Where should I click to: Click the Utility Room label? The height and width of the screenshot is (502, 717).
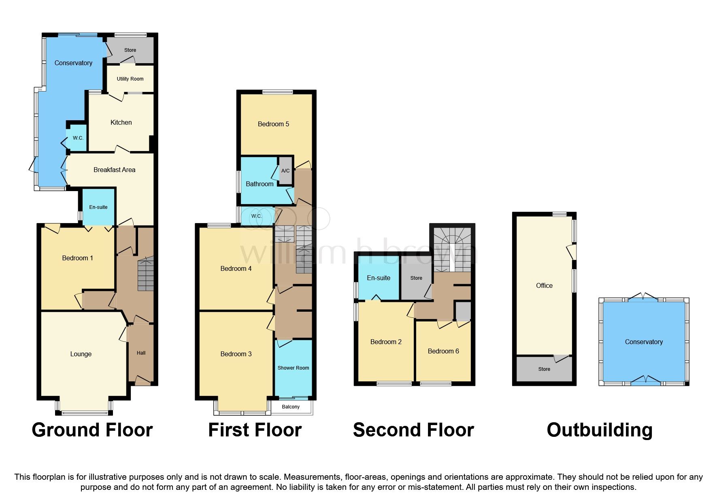(x=130, y=79)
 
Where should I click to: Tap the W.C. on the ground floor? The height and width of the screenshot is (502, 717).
(x=78, y=138)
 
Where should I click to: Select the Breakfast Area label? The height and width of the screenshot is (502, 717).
(x=114, y=170)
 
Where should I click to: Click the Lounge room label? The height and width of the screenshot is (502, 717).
(x=81, y=354)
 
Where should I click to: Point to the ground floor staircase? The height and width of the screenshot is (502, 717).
(x=146, y=275)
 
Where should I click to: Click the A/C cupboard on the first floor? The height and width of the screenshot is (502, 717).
(x=285, y=171)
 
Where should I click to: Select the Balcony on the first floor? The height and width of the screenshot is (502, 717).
(x=291, y=407)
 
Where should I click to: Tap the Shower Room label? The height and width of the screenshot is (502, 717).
(x=293, y=368)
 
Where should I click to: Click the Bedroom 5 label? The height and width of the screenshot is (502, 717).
(x=273, y=124)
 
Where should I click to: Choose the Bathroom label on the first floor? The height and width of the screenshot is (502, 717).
(x=260, y=184)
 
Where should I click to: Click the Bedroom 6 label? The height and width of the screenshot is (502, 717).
(x=443, y=351)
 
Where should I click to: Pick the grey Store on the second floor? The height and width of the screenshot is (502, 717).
(x=416, y=278)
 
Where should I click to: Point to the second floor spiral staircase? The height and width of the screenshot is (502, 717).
(x=452, y=249)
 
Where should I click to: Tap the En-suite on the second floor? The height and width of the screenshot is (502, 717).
(x=379, y=278)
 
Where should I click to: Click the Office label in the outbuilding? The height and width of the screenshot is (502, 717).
(x=544, y=286)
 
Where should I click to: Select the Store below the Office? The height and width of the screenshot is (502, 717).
(x=544, y=369)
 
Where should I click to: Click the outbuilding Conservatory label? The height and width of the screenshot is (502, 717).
(x=644, y=342)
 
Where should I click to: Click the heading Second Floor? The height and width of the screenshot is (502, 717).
(x=413, y=430)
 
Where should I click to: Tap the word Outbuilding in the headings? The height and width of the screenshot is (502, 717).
(x=599, y=430)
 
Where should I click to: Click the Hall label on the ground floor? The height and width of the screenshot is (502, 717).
(x=141, y=353)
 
